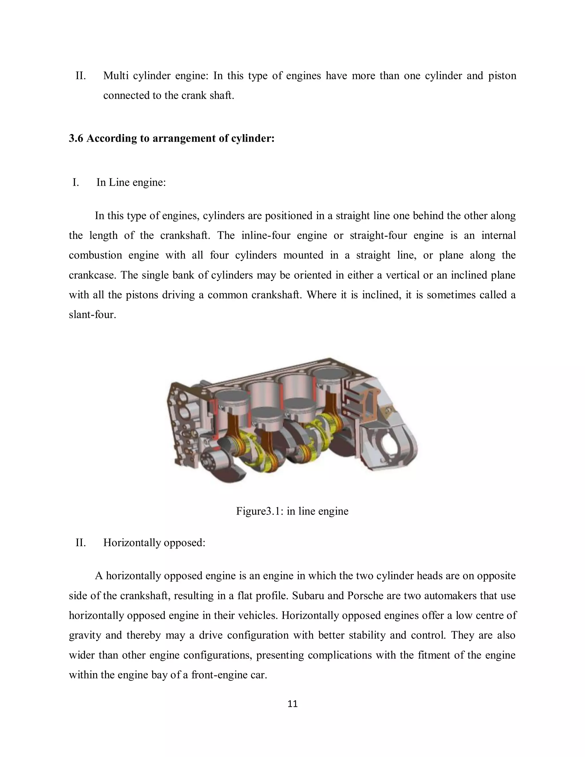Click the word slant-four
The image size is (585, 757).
click(92, 315)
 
